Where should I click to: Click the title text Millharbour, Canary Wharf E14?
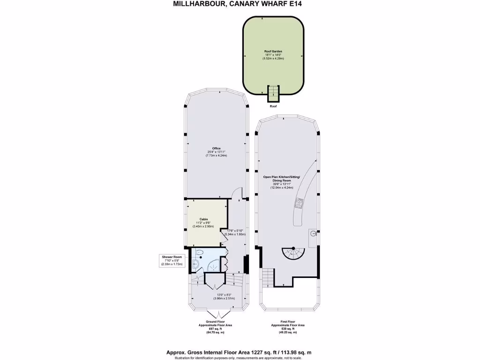pos(240,4)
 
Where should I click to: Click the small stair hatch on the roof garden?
pos(272,93)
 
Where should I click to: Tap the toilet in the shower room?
pos(199,254)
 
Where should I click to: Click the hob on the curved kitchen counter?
pos(299,203)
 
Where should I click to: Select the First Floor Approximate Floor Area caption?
pos(288,327)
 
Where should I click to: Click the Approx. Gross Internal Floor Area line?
pos(240,352)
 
